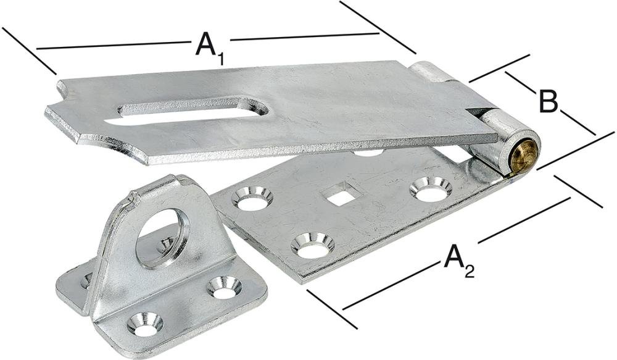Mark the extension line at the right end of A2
point(578,191)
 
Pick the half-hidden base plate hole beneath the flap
point(368,151)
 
